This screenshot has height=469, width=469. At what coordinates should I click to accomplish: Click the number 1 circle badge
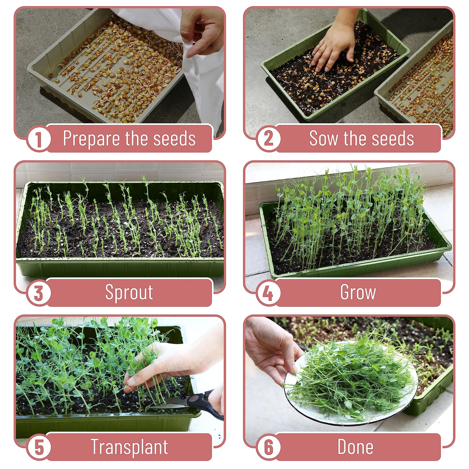[x=39, y=139]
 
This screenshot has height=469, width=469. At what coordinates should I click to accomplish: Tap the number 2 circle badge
[x=268, y=139]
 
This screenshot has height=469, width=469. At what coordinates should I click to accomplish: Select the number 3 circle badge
[x=39, y=293]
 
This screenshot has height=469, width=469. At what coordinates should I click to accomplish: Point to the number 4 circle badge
[x=268, y=293]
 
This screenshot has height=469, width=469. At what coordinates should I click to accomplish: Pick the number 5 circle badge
[x=39, y=447]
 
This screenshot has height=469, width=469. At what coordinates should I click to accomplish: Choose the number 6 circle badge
[x=268, y=447]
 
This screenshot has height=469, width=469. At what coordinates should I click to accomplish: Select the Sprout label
[x=129, y=293]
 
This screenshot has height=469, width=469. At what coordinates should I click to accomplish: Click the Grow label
[x=358, y=293]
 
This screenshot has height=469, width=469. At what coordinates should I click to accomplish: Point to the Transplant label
[x=129, y=447]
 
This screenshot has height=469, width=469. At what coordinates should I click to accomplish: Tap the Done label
[x=355, y=447]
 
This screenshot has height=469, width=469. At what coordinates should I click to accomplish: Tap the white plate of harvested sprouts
[x=351, y=389]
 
